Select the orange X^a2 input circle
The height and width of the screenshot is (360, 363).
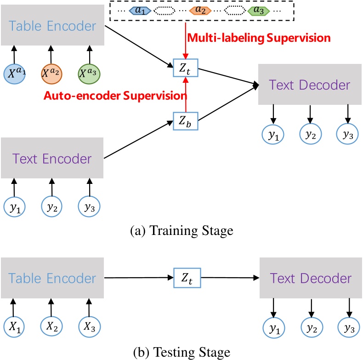point(52,73)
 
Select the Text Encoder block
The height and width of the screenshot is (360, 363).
point(52,159)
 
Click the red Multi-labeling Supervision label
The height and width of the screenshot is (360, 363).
point(257,38)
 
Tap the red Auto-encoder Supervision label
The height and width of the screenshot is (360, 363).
point(115,96)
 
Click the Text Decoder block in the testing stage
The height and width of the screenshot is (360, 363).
point(311,279)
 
